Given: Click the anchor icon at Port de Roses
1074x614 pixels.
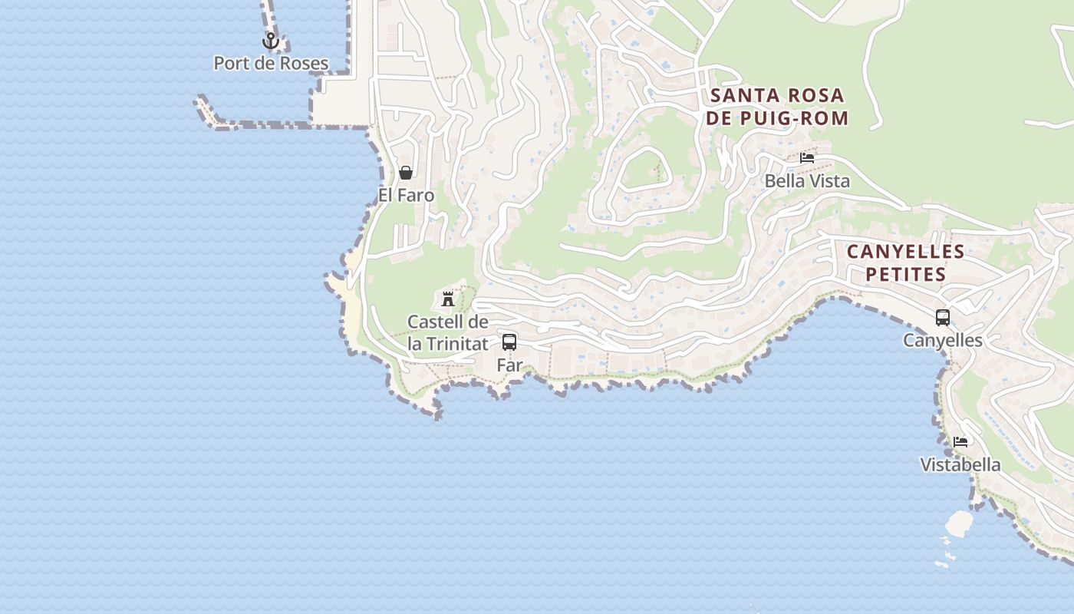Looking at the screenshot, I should point(270,41).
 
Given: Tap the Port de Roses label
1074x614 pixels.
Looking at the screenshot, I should point(271,64).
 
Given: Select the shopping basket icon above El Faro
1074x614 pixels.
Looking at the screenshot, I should point(406,173).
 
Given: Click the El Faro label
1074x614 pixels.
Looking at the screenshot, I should point(406,196).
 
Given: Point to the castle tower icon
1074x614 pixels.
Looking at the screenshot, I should point(448,299).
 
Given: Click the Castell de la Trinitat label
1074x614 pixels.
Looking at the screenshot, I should point(448,333).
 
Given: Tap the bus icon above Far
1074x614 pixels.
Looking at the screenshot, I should point(509,342).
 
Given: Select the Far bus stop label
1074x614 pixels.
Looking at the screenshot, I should point(509,365).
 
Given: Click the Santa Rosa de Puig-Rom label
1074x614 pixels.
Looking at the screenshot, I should point(779,107).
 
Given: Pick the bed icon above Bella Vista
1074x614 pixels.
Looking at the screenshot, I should point(807,158).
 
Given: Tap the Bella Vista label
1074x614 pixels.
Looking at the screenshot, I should point(807,181).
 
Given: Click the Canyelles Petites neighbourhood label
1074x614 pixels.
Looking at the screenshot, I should point(906,262).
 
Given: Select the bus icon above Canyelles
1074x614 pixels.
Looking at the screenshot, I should point(943,317).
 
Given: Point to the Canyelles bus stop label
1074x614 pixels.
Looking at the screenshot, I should point(943,340).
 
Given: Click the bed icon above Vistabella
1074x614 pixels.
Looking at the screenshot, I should point(960,441).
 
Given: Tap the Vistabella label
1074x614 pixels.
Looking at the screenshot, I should point(960,465).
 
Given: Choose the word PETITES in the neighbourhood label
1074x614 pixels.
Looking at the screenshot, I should point(906,274).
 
